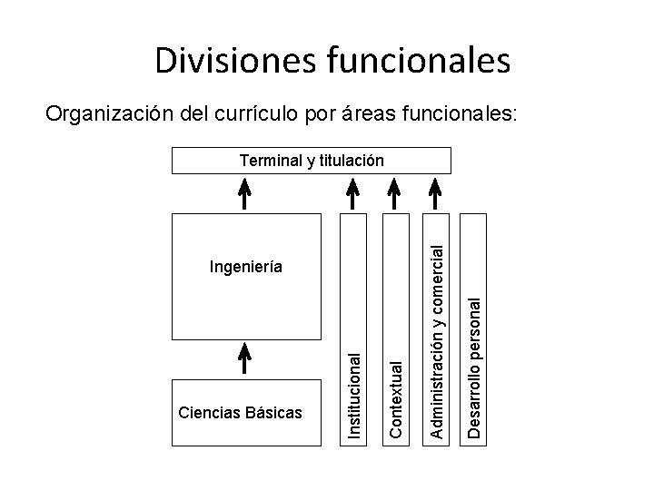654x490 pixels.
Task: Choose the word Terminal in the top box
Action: click(270, 161)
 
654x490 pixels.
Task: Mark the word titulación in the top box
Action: click(351, 161)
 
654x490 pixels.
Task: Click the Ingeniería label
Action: click(245, 267)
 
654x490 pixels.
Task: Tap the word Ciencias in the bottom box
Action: click(210, 413)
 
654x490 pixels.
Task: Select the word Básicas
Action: click(272, 413)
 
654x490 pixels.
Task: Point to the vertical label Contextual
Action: click(396, 398)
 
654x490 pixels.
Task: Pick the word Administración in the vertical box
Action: click(438, 379)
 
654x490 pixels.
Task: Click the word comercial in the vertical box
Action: click(438, 278)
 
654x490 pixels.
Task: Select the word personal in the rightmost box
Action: click(474, 316)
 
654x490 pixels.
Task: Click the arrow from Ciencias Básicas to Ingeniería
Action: click(244, 358)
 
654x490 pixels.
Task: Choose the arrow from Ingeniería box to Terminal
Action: click(244, 192)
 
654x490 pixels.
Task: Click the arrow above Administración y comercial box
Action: click(436, 192)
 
